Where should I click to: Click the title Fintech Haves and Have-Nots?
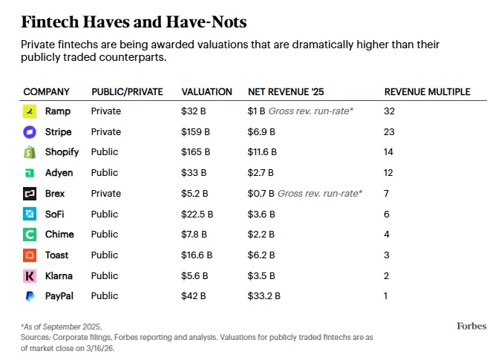point(134,21)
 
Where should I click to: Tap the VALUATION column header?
point(206,92)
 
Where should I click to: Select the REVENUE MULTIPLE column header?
point(427,92)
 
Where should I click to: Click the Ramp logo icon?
point(30,111)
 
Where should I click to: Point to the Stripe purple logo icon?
point(30,132)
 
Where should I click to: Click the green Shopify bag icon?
point(30,152)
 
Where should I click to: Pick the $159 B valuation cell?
point(196,132)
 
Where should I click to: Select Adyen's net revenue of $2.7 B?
point(261,173)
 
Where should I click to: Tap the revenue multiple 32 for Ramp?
point(390,111)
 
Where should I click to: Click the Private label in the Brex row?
point(105,194)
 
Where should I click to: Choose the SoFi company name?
point(56,214)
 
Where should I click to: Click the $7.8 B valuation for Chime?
point(195,235)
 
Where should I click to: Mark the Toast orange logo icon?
point(30,255)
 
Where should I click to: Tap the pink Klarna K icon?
point(30,275)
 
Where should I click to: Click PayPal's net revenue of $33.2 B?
point(263,296)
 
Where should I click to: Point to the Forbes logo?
point(471,326)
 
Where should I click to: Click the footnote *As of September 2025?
point(62,327)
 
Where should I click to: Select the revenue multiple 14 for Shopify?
point(390,152)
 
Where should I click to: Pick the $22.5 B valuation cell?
point(197,214)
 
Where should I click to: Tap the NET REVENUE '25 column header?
point(285,92)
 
